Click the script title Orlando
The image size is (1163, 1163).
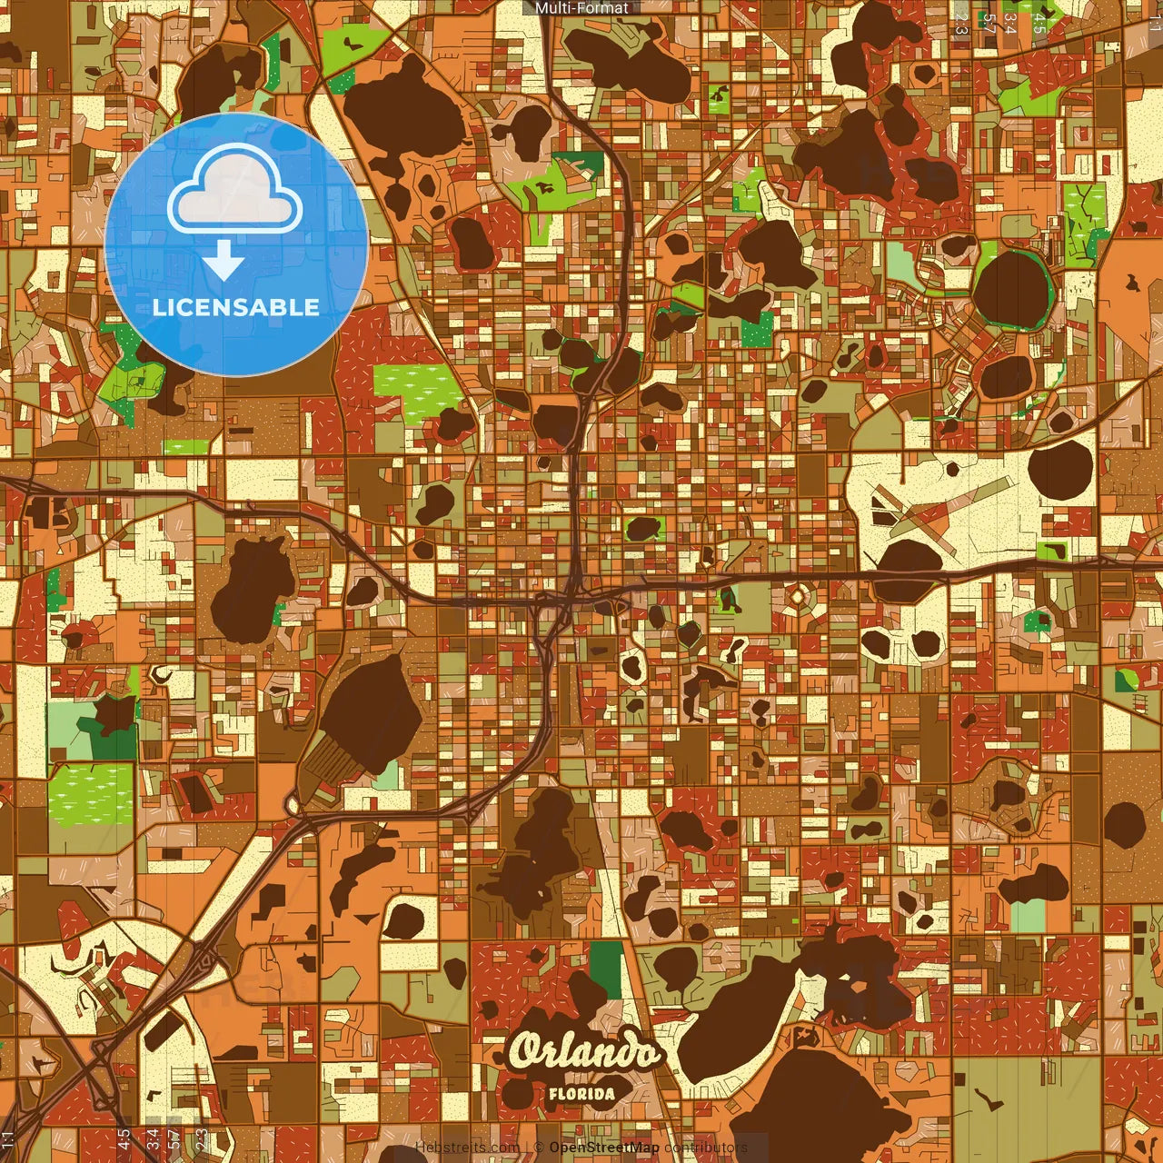(x=583, y=1052)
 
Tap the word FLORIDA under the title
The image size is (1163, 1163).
(x=581, y=1094)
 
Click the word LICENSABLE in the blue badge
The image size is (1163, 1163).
(x=236, y=307)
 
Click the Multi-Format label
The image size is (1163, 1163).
(x=581, y=8)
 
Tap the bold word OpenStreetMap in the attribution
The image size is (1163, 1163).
(x=604, y=1148)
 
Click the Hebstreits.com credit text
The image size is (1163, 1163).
(x=467, y=1148)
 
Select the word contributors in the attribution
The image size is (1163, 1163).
(x=705, y=1148)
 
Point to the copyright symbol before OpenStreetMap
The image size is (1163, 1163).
(x=539, y=1148)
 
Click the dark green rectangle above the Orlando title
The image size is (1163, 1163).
(x=606, y=969)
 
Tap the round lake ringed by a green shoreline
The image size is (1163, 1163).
(x=1010, y=289)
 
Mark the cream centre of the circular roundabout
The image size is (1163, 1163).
(x=797, y=597)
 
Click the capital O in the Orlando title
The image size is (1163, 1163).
(x=524, y=1052)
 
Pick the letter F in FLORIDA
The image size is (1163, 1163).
(x=553, y=1094)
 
